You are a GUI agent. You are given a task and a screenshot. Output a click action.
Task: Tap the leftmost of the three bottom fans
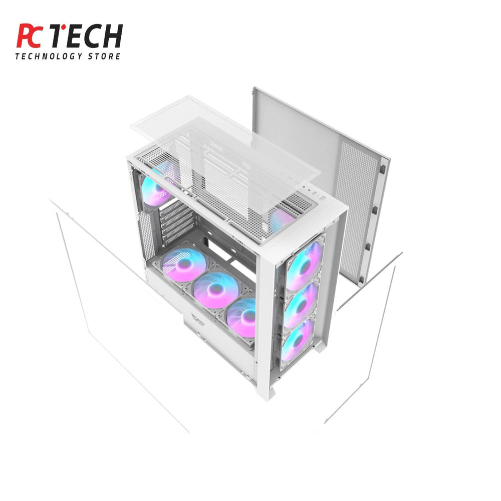tap(184, 265)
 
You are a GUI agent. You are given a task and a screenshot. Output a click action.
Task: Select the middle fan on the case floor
tap(216, 290)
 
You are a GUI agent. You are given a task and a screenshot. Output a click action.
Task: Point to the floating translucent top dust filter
tap(225, 145)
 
